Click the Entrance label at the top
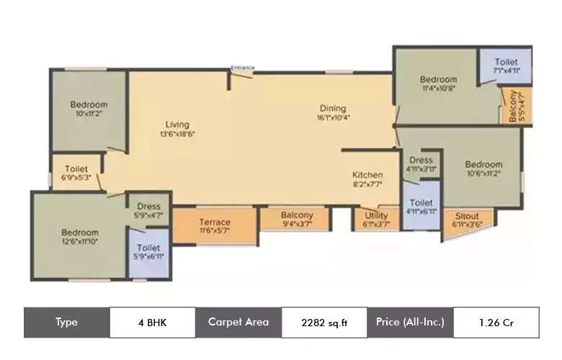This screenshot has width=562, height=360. pyautogui.click(x=242, y=68)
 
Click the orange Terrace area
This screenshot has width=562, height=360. pyautogui.click(x=215, y=226)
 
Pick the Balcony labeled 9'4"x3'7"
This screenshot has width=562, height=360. pyautogui.click(x=296, y=220)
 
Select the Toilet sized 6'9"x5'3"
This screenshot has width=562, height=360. pyautogui.click(x=76, y=174)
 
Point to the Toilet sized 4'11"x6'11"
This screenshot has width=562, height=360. pyautogui.click(x=421, y=207)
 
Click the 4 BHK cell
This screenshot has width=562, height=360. pyautogui.click(x=152, y=323)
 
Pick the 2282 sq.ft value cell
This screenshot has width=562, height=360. pyautogui.click(x=324, y=323)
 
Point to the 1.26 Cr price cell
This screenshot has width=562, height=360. pyautogui.click(x=496, y=323)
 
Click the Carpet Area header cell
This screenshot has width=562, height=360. pyautogui.click(x=238, y=323)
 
